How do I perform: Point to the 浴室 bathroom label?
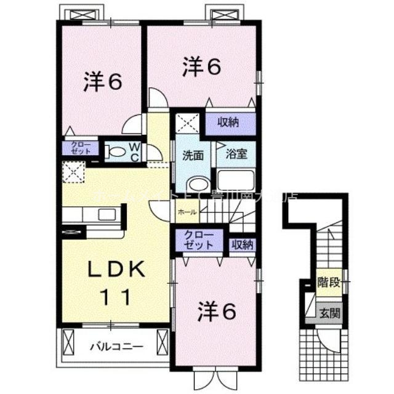(236, 154)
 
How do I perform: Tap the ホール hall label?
(187, 212)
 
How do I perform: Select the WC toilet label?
(134, 151)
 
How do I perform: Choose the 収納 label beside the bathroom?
(230, 122)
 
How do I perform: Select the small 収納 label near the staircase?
(243, 244)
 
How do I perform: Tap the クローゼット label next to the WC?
(80, 148)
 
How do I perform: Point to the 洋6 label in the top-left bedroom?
(102, 82)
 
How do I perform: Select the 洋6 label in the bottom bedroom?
(217, 313)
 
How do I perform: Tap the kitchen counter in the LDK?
(92, 215)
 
